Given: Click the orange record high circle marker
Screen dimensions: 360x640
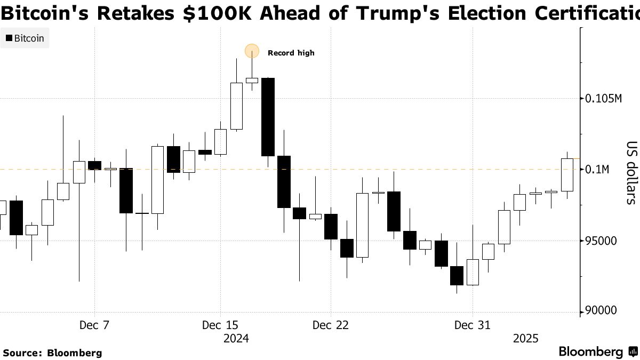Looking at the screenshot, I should tap(252, 51).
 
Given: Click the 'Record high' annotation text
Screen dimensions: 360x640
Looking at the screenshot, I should tap(291, 53).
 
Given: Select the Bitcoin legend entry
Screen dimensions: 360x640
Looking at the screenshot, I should tap(25, 38).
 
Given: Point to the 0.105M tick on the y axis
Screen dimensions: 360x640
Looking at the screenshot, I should tap(603, 99).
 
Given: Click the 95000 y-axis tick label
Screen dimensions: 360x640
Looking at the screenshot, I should tap(601, 241).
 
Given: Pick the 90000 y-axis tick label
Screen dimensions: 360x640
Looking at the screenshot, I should tap(601, 311).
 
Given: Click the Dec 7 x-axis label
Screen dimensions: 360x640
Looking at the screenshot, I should tap(94, 325).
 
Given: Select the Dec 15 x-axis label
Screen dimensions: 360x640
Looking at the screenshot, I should tap(220, 325).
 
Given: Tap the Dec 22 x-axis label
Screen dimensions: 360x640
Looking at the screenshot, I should tap(331, 325).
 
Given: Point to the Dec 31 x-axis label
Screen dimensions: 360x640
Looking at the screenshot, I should tap(472, 325).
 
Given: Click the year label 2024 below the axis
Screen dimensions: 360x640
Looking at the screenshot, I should tap(236, 339).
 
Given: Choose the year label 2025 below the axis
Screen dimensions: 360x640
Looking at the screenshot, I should tap(526, 339).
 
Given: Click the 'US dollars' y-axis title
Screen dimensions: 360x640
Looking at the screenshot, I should tap(631, 173).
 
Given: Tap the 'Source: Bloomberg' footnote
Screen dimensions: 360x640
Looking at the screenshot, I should tap(52, 353).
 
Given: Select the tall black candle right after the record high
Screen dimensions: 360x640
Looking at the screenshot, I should tap(268, 117).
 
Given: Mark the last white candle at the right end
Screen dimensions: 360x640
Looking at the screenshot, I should tap(566, 174).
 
